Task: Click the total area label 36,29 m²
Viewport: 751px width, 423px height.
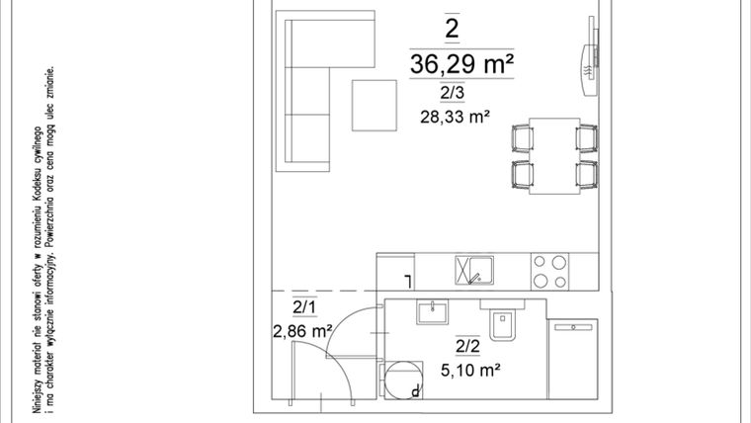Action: tap(462, 65)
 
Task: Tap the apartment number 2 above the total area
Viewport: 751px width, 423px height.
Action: tap(452, 29)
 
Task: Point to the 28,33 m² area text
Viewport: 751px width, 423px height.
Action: tap(456, 117)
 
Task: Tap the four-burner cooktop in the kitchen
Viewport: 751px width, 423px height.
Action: tap(549, 270)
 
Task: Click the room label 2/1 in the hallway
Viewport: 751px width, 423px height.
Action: tap(304, 308)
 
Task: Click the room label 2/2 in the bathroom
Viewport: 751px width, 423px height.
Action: tap(467, 345)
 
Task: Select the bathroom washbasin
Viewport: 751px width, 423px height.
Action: tap(432, 312)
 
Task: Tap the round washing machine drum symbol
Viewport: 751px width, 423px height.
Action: tap(401, 379)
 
